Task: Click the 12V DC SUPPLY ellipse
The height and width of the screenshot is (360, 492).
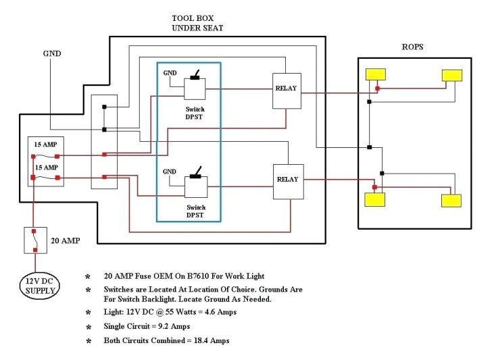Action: tap(38, 285)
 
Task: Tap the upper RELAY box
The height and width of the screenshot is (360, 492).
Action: tap(286, 90)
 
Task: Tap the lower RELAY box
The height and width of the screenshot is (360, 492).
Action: tap(287, 181)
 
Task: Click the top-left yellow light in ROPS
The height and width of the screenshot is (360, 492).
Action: tap(376, 75)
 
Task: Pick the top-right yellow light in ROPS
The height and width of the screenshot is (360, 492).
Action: tap(451, 75)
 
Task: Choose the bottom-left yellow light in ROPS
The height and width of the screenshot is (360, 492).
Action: tap(374, 199)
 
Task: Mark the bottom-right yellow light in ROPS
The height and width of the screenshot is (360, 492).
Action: tap(451, 200)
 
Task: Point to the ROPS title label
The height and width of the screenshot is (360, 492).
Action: tap(412, 47)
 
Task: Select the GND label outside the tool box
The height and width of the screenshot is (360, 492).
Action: tap(52, 53)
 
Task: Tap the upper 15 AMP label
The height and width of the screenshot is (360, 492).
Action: tap(46, 145)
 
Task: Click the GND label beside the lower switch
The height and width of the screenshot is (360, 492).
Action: tap(170, 172)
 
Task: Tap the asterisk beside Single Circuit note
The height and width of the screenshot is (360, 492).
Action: tap(87, 327)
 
